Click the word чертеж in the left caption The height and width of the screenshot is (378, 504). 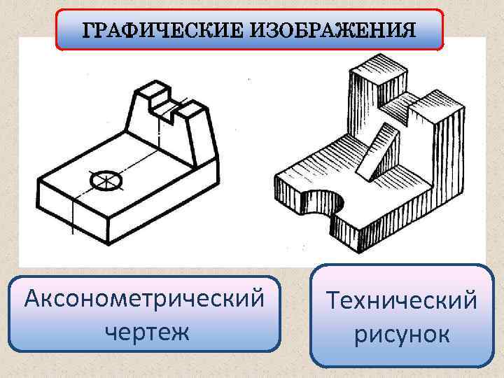146,330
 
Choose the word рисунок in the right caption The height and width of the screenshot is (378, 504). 402,335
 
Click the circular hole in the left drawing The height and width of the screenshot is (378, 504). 107,180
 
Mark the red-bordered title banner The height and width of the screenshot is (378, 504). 249,29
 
